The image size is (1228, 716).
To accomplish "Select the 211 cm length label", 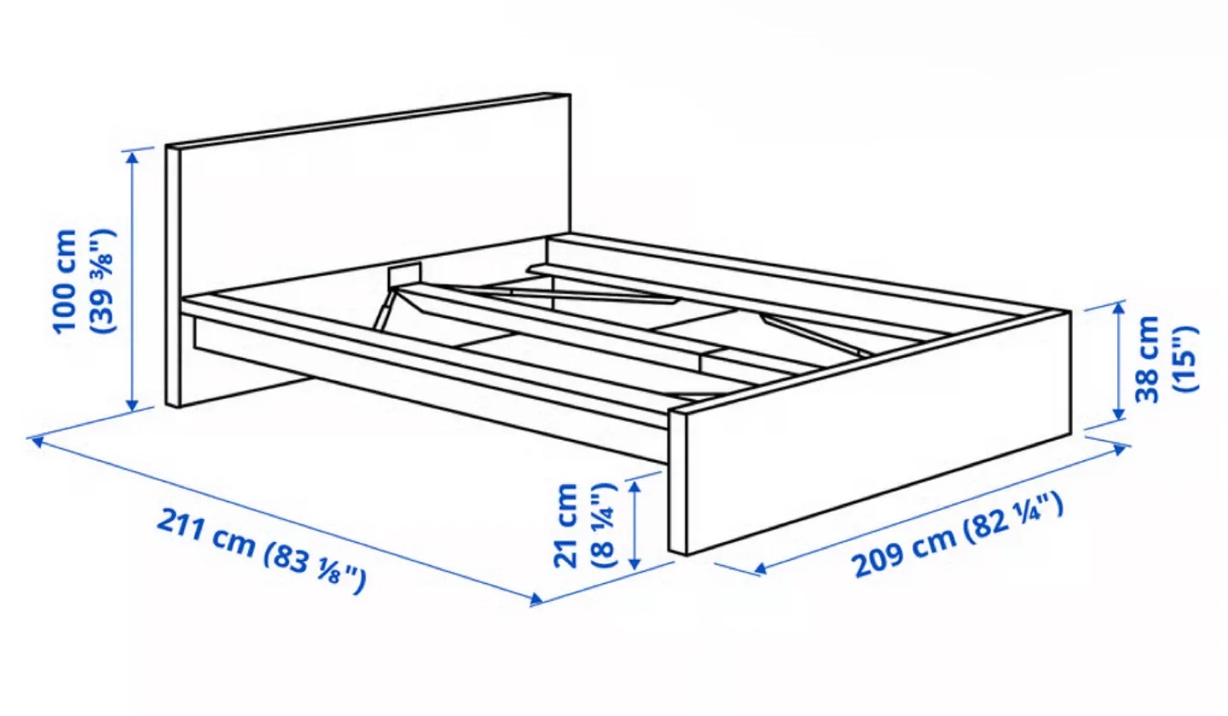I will (204, 534).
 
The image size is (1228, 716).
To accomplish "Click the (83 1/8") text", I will (316, 569).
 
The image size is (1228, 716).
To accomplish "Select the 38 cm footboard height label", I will (1147, 359).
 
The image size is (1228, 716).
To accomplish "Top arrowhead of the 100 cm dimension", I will (131, 155).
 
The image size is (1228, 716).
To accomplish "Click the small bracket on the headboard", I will (403, 274).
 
